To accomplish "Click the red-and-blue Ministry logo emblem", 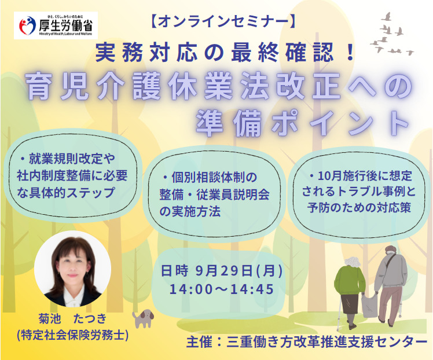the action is [x=27, y=25].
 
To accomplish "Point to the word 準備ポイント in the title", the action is [x=303, y=123].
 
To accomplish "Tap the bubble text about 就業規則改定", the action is [x=72, y=175].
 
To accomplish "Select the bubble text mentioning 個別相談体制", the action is [x=214, y=194].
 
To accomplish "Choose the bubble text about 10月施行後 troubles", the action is [x=359, y=192].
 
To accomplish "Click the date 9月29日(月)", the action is [x=238, y=271].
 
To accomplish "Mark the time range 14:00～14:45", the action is [x=222, y=289].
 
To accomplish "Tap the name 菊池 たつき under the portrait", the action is [x=72, y=318].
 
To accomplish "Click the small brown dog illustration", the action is [x=143, y=318].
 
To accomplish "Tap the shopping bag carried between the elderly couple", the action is [x=369, y=304].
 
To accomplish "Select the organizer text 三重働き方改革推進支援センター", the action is [x=327, y=342].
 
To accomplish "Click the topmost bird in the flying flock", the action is [x=387, y=17].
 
